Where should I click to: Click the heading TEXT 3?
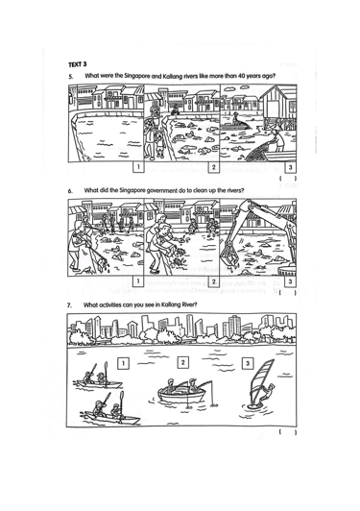pos(77,64)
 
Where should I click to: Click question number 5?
pos(71,77)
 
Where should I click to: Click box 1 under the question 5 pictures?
pos(138,167)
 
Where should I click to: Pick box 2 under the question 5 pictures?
pos(214,167)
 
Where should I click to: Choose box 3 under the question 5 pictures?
pos(291,167)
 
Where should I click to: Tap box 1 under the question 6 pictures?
pos(138,280)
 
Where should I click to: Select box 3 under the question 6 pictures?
pos(290,281)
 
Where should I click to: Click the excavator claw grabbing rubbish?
pos(228,256)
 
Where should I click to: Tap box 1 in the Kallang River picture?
pos(123,363)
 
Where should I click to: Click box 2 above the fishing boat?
pos(182,362)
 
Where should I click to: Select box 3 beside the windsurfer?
pos(248,363)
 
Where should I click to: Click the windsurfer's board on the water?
pos(253,406)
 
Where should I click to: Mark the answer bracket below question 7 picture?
pos(288,432)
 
